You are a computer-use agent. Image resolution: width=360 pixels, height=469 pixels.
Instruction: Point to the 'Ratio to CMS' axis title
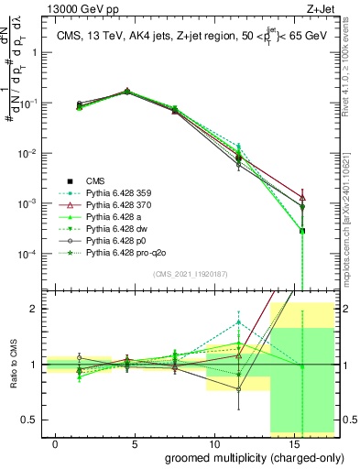(x=13, y=365)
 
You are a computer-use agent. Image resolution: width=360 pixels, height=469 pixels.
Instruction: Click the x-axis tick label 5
(x=135, y=443)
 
